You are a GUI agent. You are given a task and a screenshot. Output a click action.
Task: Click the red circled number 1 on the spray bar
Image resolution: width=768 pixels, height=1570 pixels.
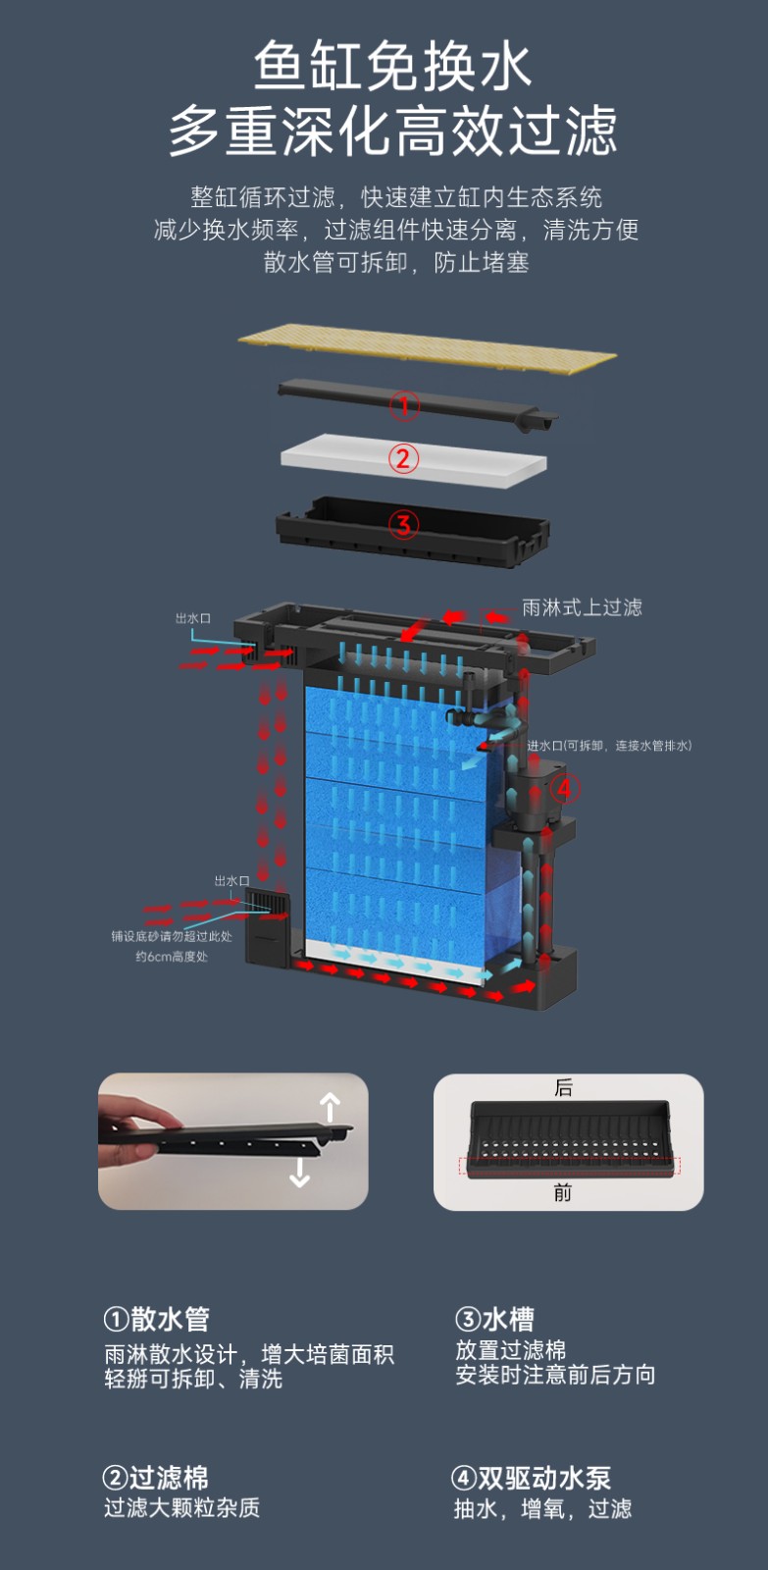point(404,406)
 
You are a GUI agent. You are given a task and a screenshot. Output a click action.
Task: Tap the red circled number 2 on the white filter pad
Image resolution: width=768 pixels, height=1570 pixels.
point(403,459)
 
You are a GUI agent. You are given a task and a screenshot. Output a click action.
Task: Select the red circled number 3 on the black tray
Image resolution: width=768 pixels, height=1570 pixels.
point(404,524)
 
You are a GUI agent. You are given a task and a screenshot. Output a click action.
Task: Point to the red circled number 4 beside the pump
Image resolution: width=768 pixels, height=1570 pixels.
point(565,789)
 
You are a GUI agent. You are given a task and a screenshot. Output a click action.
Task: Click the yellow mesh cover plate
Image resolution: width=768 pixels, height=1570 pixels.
point(428,348)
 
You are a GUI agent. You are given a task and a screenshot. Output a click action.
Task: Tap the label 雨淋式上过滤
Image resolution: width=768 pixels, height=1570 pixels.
point(582,607)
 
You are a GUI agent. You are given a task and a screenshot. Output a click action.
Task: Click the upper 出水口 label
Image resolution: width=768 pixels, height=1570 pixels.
point(192,618)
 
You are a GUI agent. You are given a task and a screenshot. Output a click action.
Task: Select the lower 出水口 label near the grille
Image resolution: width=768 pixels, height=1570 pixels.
point(231,880)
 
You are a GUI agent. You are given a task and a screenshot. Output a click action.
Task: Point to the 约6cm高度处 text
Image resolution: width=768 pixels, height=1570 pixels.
point(172,956)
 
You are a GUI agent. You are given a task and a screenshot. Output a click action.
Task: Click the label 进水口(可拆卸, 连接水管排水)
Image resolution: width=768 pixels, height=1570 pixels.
point(609,745)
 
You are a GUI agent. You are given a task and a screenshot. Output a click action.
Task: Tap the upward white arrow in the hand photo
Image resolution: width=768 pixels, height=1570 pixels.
point(330,1107)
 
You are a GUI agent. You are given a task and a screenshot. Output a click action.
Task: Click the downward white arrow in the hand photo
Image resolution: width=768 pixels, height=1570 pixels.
point(300,1172)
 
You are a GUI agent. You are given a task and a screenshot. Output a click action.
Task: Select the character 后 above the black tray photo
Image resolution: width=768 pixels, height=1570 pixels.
point(563,1087)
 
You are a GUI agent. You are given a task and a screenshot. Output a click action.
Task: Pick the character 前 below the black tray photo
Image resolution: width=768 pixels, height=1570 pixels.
point(563,1192)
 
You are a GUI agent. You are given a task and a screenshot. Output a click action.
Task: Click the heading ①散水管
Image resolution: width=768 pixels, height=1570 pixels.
point(156,1319)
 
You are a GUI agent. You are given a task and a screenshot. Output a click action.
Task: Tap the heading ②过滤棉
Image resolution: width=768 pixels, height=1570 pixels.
point(156,1478)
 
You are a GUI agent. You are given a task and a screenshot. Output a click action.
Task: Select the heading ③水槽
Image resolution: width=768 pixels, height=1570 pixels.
point(494,1319)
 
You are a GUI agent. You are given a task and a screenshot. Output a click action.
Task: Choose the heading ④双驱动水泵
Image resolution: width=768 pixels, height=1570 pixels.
point(532,1478)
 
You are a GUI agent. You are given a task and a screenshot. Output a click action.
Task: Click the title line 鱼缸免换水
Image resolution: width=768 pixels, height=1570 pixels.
point(392,67)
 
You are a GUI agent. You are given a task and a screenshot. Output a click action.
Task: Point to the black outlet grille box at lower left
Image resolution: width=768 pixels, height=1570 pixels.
point(267,925)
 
